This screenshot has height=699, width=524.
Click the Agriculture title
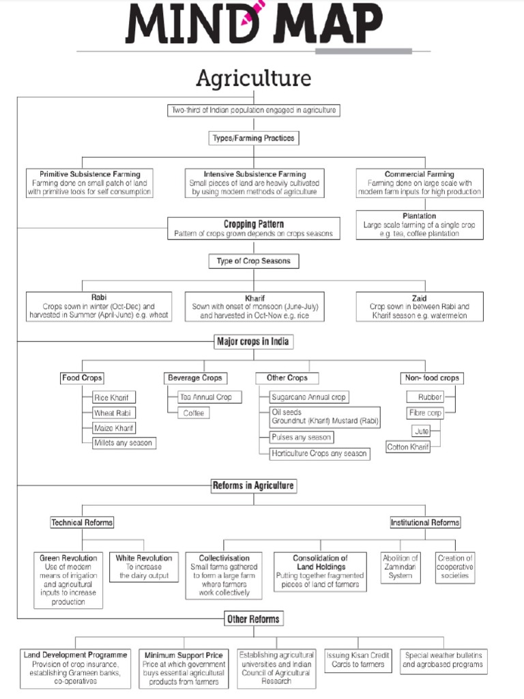click(x=253, y=79)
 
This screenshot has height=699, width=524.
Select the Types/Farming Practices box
click(x=254, y=138)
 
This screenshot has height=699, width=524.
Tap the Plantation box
click(x=419, y=225)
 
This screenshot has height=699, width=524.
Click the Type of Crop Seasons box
click(x=254, y=261)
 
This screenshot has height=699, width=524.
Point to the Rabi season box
click(x=99, y=306)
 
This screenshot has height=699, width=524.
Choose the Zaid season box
click(x=419, y=306)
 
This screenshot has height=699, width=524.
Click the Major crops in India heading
click(x=254, y=341)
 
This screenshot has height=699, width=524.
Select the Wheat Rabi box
click(x=114, y=413)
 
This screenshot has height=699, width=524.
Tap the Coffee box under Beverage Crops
click(x=193, y=413)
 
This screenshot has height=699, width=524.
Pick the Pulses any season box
click(x=301, y=437)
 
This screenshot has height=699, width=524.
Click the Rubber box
click(x=430, y=397)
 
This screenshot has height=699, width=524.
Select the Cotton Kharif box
click(x=408, y=447)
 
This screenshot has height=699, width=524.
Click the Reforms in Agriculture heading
click(x=253, y=485)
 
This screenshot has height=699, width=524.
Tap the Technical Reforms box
click(x=82, y=522)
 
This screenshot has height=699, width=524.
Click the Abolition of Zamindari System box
click(x=400, y=567)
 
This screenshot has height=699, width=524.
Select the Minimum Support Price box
click(x=184, y=668)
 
